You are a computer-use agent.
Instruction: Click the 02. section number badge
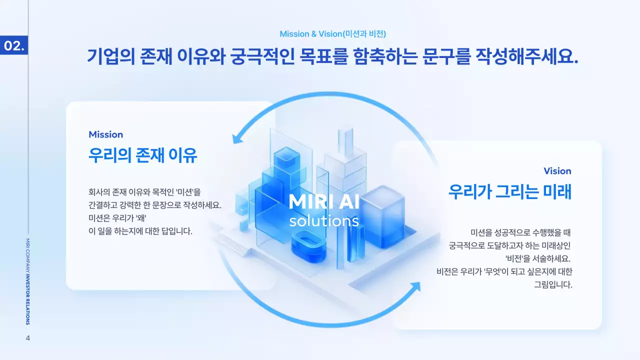click(14, 45)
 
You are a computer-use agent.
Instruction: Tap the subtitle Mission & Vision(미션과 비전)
click(332, 34)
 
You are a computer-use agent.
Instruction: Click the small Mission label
click(105, 134)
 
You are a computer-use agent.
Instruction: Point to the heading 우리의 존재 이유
click(142, 155)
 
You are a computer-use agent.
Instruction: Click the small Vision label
click(557, 171)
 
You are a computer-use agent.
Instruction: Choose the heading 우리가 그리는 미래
click(509, 191)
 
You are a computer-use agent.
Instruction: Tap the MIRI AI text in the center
click(324, 201)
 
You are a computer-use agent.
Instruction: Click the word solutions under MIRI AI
click(324, 220)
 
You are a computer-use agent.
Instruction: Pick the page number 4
click(28, 338)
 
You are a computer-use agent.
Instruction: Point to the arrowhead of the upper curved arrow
click(236, 136)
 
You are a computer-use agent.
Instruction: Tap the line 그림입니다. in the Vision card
click(553, 285)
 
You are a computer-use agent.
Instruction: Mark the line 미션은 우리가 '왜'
click(120, 218)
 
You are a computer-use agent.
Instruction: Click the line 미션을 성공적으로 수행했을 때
click(520, 232)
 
